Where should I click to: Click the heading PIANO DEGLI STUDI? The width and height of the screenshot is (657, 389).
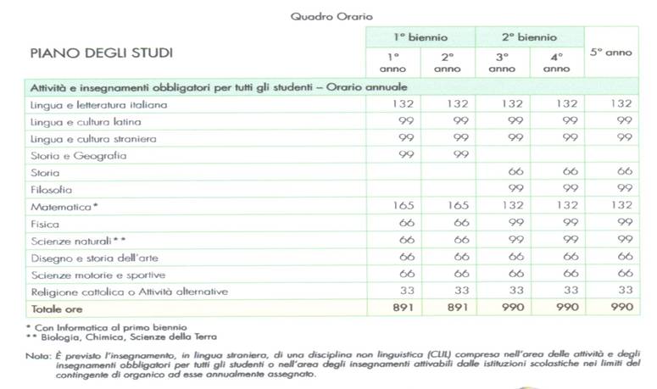tap(101, 53)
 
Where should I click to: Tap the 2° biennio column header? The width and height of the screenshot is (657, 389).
tap(529, 37)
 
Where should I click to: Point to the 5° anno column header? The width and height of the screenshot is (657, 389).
tap(610, 53)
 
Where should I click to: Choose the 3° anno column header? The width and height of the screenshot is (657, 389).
tap(502, 62)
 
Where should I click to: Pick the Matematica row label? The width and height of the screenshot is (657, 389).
tap(64, 206)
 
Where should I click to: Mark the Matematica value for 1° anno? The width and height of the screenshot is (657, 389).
tap(393, 206)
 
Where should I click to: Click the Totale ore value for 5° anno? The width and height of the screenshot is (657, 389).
tap(610, 308)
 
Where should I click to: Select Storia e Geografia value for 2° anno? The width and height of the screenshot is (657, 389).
tap(448, 155)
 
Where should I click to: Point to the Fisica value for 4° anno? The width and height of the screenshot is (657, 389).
tap(556, 223)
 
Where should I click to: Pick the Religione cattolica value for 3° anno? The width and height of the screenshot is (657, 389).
tap(502, 292)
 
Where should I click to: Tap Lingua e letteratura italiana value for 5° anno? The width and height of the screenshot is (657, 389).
tap(610, 103)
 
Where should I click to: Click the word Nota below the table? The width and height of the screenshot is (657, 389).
tap(37, 358)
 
